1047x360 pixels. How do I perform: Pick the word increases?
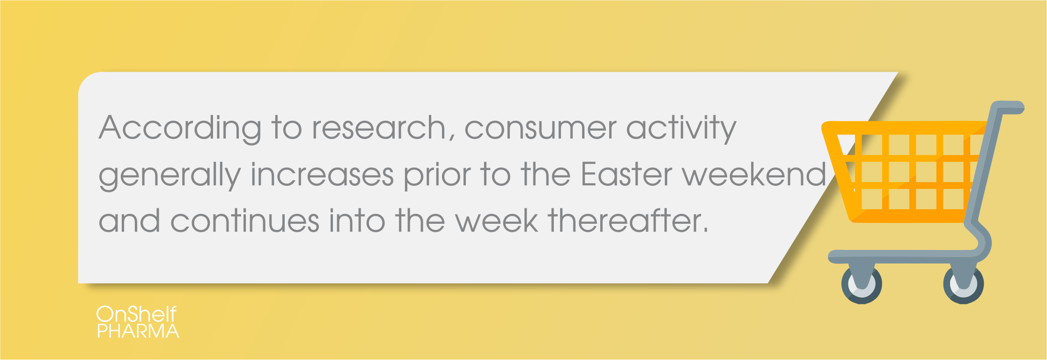pos(322,175)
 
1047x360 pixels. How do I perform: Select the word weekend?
pos(754,175)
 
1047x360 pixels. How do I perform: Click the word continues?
pos(245,221)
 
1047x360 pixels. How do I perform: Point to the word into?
pos(357,221)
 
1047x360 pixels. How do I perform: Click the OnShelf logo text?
pos(137,314)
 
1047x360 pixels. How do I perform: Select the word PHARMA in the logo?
pos(138,331)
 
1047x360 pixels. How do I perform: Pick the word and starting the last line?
pos(129,221)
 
